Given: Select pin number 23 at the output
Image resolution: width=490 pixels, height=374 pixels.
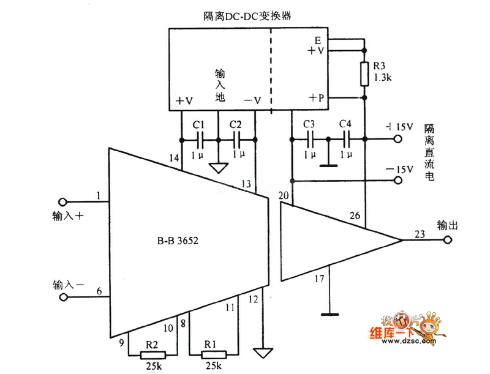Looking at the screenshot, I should click(419, 233).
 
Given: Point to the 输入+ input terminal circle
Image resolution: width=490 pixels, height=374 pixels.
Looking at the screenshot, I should click(62, 203).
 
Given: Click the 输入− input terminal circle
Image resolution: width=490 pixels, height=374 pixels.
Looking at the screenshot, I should click(62, 297).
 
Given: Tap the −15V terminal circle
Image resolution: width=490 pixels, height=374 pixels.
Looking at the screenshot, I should click(399, 180).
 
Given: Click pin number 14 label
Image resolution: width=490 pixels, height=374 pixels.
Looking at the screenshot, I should click(175, 159).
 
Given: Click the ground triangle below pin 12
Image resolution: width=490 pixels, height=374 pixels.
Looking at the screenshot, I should click(265, 353).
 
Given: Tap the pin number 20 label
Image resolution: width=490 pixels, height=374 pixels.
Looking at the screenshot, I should click(284, 196).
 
